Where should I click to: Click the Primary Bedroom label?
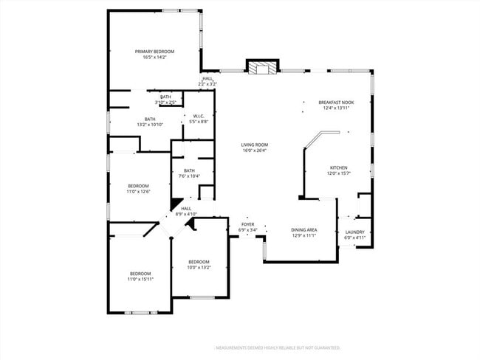(154, 51)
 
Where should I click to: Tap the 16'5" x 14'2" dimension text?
(154, 57)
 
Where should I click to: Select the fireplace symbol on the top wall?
(261, 69)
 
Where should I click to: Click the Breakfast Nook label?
(335, 103)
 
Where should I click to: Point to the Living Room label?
(253, 145)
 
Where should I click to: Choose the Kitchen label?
(338, 167)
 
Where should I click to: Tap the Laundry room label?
(354, 232)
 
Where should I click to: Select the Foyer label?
(247, 224)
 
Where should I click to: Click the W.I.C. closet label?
(199, 116)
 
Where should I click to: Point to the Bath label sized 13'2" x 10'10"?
(150, 119)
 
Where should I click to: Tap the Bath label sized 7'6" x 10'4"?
(190, 171)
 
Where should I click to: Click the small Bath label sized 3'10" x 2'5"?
(165, 97)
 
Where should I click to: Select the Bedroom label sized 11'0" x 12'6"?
(139, 186)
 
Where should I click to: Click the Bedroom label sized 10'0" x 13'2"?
(199, 262)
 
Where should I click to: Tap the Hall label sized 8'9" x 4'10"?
(187, 209)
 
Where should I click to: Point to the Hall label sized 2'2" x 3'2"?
(208, 79)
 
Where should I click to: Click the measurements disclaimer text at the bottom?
(278, 347)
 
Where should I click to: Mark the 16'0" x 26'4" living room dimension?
(253, 150)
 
